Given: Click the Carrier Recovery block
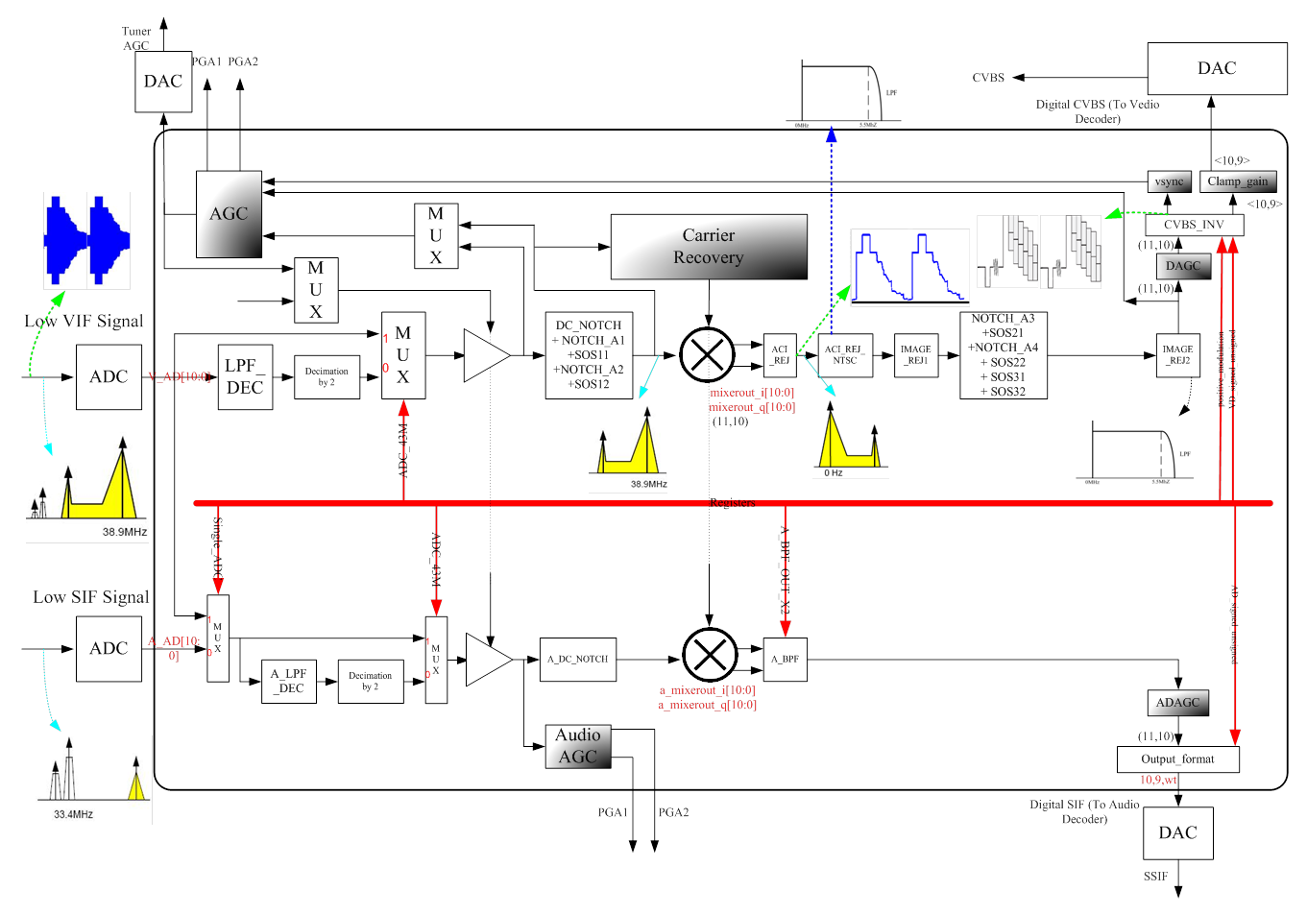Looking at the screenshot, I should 709,247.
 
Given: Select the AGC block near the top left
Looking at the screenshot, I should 229,214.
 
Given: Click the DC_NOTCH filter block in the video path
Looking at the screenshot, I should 589,355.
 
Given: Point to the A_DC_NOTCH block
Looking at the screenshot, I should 577,660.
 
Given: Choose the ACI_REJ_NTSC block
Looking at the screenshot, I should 846,355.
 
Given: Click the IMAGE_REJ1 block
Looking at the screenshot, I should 916,355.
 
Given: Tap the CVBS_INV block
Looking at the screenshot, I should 1194,225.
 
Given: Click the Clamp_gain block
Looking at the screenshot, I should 1238,181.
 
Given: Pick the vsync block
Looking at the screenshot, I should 1169,181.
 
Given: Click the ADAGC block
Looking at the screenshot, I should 1177,703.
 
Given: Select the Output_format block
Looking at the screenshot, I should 1177,759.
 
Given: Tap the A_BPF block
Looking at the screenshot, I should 785,660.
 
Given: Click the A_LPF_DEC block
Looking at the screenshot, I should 288,682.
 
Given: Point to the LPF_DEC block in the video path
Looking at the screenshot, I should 245,377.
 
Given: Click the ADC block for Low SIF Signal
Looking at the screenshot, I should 109,649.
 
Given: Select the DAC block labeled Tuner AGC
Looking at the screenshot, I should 163,82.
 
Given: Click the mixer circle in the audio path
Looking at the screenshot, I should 709,655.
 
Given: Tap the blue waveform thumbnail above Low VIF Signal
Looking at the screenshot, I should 86,240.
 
